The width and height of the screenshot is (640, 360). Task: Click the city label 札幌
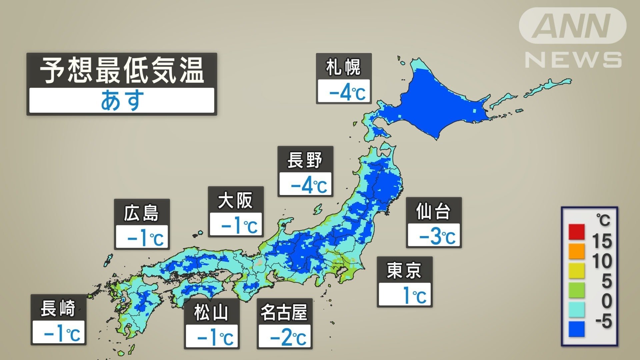pos(343,67)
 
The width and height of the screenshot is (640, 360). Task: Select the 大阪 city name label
pos(235,201)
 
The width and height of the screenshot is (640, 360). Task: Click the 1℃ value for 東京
pos(414,295)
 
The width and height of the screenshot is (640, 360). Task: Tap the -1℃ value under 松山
pos(215,337)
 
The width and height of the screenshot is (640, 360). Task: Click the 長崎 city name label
pos(58,308)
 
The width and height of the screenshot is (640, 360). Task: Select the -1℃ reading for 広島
pos(145,238)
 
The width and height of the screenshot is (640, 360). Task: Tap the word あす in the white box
pos(122,100)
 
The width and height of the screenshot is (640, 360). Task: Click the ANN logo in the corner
pos(572,26)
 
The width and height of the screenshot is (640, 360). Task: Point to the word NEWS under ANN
pos(573,60)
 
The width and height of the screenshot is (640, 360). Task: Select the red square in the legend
pos(576,232)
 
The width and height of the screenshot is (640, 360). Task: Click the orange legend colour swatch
pos(576,251)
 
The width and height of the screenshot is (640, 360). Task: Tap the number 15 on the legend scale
pos(602,241)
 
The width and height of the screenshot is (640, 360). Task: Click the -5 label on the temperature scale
pos(603,321)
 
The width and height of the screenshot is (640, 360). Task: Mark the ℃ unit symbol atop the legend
pos(603,220)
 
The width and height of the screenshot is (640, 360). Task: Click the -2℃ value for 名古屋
pos(288,337)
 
